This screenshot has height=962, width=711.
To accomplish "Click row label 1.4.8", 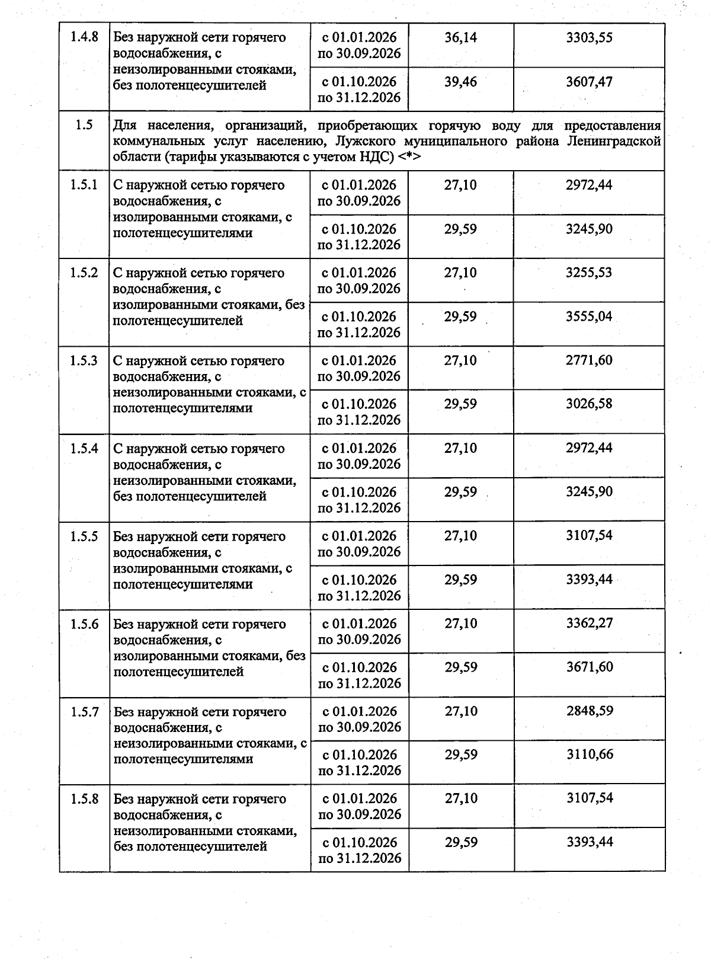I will coord(84,37).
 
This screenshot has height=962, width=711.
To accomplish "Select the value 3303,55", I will coord(589,37).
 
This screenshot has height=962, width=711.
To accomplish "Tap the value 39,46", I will coord(460,81).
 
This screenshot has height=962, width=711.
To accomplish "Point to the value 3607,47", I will coord(589,81).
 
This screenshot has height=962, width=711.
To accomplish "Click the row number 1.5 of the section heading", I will coord(84,126).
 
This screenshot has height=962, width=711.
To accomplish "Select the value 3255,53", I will coord(589,273).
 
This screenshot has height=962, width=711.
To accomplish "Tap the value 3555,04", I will coord(589,317).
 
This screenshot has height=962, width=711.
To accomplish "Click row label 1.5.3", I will coord(84,360).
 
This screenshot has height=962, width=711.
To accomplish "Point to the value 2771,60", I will coord(589,360).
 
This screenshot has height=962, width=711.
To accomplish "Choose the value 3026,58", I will coord(589,404).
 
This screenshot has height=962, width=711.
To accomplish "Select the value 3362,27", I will coord(590,623).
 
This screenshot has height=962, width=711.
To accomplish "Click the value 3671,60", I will coord(590,667).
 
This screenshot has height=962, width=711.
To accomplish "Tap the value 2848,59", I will coord(590,711).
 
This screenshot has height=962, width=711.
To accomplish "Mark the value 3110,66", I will coord(590,755).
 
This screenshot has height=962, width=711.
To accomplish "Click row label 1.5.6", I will coord(84,624).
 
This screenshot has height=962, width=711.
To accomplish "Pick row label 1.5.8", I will coord(84,799).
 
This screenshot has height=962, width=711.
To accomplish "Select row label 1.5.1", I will coord(84,185).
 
